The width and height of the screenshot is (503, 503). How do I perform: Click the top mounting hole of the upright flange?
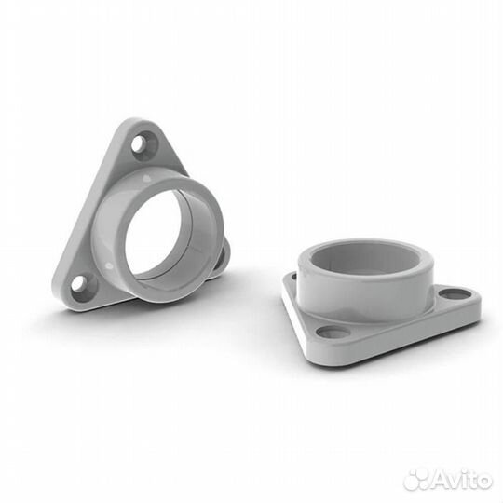coord(143,144)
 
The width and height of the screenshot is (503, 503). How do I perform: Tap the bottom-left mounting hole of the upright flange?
coord(80,282)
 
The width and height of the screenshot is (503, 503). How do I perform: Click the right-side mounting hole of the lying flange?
coord(455,293)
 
